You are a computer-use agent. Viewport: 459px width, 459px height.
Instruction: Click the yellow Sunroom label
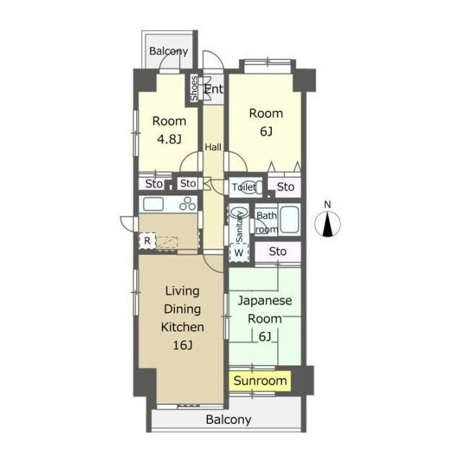[260, 381]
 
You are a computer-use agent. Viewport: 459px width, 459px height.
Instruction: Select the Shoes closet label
[194, 88]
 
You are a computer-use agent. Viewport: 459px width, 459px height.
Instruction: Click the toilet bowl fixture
[252, 186]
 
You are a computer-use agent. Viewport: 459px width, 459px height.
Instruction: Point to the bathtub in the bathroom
[290, 220]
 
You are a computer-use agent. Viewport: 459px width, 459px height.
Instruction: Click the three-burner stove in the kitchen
[188, 204]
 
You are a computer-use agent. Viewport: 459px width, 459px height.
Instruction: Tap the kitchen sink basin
[153, 204]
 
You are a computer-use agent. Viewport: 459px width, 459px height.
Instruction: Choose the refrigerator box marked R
[147, 241]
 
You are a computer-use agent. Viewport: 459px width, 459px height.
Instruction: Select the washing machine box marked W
[239, 252]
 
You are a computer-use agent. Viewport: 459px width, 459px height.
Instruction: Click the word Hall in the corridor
[213, 147]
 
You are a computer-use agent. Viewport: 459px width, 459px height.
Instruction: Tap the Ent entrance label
[214, 89]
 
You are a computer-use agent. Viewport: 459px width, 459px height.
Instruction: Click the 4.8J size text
[169, 139]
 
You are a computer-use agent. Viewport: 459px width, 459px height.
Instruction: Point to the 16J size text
[182, 346]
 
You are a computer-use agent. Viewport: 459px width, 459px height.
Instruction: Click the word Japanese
[265, 301]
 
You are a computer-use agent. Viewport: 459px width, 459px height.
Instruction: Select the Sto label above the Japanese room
[278, 252]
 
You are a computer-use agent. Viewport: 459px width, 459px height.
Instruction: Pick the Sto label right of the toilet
[285, 186]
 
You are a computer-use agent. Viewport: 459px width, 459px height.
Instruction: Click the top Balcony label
[169, 51]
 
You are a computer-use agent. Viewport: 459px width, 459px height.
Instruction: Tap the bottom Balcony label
[228, 420]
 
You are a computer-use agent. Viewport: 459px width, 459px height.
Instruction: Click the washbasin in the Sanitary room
[239, 212]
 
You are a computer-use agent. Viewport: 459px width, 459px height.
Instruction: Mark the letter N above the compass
[328, 204]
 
